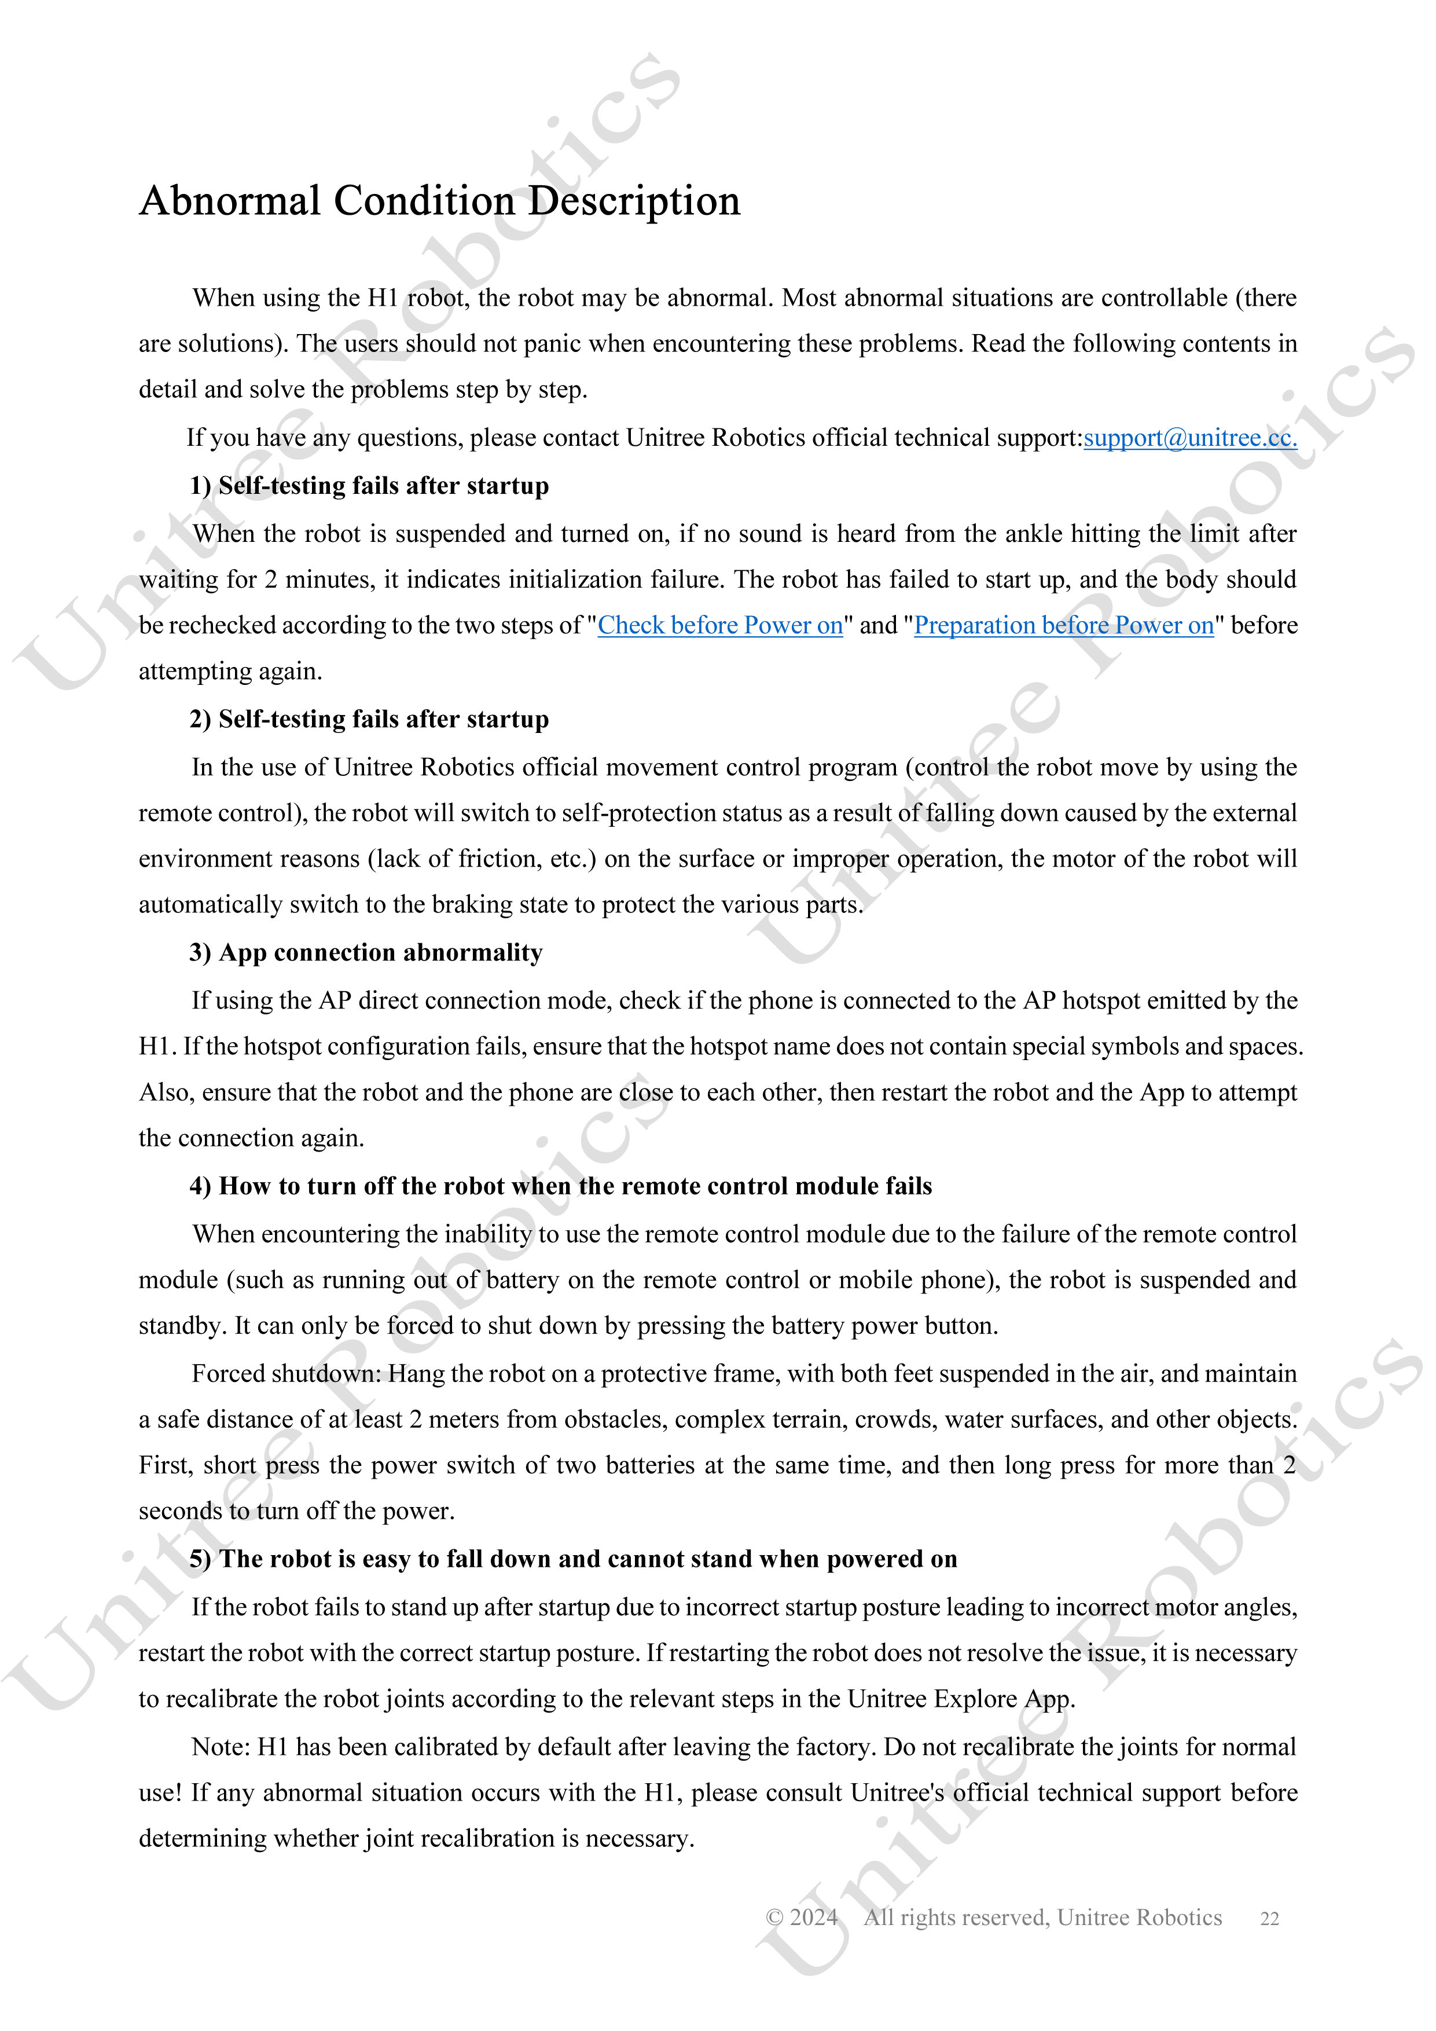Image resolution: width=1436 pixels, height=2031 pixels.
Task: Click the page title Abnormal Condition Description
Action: [x=439, y=201]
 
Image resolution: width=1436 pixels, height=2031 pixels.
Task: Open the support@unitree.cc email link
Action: [x=1189, y=438]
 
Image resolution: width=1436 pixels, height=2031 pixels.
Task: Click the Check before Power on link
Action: [x=720, y=625]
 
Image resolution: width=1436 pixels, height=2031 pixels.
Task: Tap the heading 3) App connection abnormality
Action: [x=366, y=953]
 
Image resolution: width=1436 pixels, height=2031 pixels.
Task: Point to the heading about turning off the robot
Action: [x=561, y=1186]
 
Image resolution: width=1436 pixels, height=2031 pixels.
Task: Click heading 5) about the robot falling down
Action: [x=573, y=1560]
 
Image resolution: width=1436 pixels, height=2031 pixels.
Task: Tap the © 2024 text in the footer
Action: [x=801, y=1918]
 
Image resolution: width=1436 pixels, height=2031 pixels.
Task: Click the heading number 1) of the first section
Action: [x=200, y=486]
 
